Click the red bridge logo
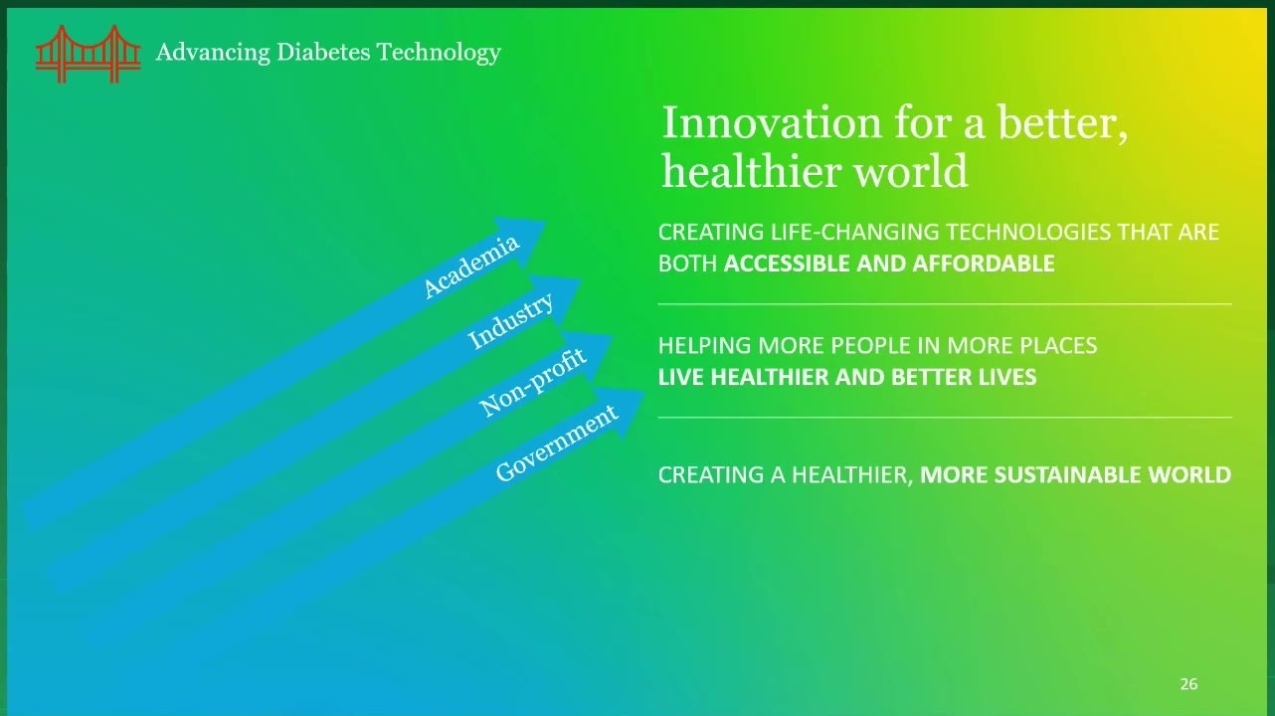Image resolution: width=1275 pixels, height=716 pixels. [89, 54]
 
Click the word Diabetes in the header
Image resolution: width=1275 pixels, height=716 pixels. [323, 52]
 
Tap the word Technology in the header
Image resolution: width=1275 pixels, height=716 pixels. [439, 53]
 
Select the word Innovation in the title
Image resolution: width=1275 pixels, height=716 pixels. [772, 122]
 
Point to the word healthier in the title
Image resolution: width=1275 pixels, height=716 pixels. [752, 170]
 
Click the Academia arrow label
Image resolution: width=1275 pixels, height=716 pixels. [471, 266]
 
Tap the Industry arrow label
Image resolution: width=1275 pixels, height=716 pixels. [510, 320]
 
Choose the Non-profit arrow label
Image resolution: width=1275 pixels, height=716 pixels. [533, 382]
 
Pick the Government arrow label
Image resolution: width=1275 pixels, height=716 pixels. [557, 443]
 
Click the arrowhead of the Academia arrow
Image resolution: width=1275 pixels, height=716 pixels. [524, 239]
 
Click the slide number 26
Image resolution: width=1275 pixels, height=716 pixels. [1189, 683]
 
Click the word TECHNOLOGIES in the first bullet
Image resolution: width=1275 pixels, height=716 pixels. [1028, 233]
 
